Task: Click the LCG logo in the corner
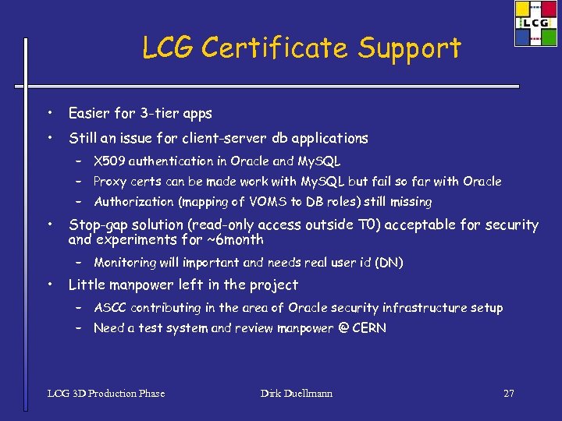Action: (x=536, y=23)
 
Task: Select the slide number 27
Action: (x=509, y=394)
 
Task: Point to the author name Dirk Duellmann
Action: (x=297, y=394)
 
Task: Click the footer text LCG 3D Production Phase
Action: (x=106, y=394)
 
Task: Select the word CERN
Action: (x=368, y=328)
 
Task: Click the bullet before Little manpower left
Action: (x=49, y=285)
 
